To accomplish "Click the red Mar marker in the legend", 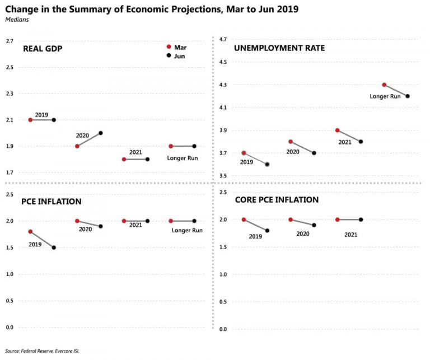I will point(169,48).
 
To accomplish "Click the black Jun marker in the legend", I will point(169,56).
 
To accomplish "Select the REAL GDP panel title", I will point(42,49).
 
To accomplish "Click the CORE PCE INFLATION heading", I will point(277,200).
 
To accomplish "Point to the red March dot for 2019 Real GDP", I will point(30,120).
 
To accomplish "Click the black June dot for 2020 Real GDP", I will point(101,133).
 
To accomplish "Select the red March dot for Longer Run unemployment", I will point(384,85).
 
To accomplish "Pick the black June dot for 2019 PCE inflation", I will point(54,247).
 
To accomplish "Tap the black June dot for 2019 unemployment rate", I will point(267,165).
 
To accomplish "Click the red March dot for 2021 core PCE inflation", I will point(337,219).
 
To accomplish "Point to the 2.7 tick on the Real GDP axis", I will point(10,41).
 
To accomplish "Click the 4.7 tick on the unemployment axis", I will point(223,39).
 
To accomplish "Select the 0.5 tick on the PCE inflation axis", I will point(10,301).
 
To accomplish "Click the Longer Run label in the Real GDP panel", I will point(183,158).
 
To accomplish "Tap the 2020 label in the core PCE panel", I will point(303,233).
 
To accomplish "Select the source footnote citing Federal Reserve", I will point(42,351).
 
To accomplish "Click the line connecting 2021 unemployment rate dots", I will point(349,136).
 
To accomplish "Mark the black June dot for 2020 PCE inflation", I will point(101,226).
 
